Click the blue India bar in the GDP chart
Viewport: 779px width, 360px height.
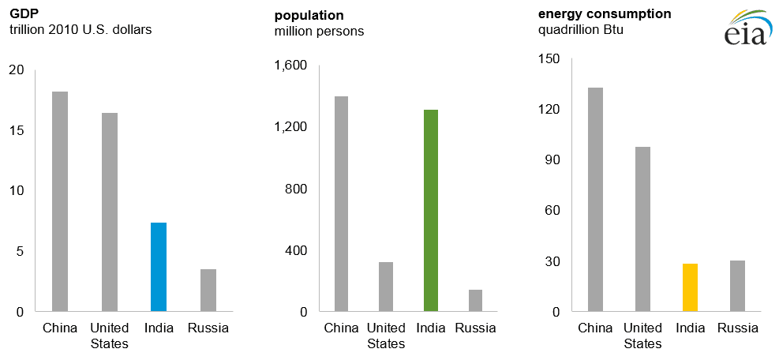(x=159, y=267)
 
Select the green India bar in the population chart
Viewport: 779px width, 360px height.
(x=430, y=210)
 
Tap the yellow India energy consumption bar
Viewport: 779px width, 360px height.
(x=690, y=287)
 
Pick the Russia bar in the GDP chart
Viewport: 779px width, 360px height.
(x=208, y=291)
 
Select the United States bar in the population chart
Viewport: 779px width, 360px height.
(x=385, y=287)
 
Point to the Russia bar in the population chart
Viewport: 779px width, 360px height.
(x=475, y=301)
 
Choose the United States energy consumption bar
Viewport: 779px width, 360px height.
(x=642, y=229)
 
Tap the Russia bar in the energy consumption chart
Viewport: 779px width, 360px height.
(x=737, y=286)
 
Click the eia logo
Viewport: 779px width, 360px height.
(x=745, y=28)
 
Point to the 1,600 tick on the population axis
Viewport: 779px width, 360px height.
(x=290, y=66)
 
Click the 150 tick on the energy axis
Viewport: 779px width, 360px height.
(x=549, y=59)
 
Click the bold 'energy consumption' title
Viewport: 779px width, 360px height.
(x=605, y=13)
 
